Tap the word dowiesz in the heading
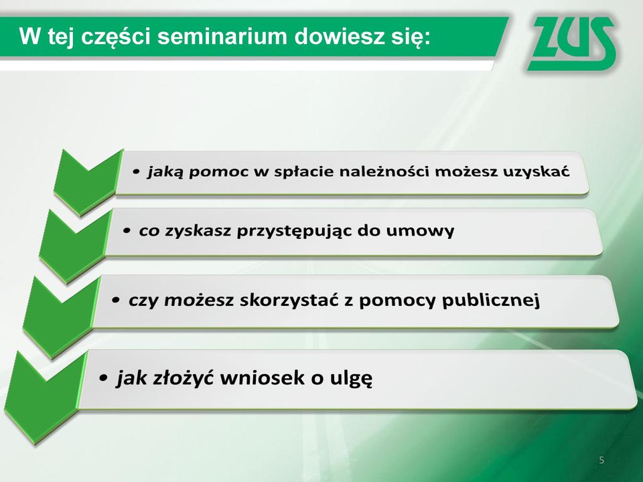336,36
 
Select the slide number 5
601,460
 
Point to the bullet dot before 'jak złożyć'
104,377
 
